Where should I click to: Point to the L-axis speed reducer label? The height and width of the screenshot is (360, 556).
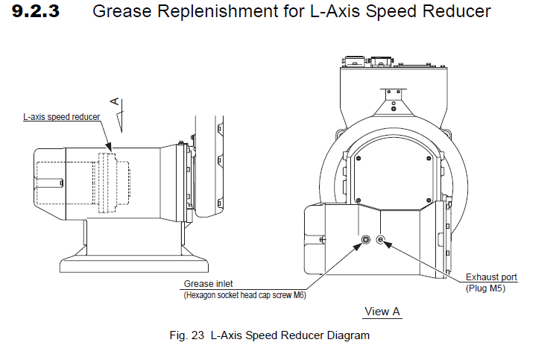[x=61, y=117]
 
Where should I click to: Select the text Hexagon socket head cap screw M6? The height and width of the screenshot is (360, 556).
[x=245, y=295]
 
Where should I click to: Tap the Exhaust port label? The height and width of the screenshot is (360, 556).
[x=491, y=277]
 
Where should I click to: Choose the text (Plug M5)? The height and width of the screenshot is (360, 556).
[x=486, y=288]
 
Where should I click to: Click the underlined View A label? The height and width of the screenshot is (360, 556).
[x=382, y=311]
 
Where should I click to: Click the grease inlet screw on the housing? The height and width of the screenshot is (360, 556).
[x=366, y=239]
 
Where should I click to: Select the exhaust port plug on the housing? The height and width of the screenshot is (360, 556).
[x=381, y=239]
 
